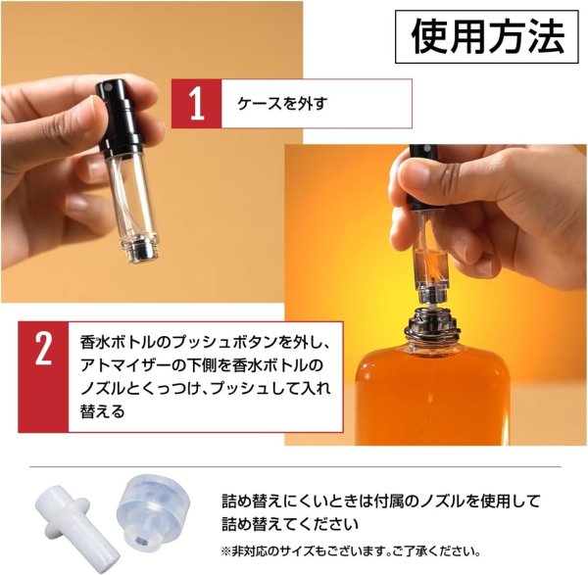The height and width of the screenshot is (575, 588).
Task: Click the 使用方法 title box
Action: (x=487, y=37)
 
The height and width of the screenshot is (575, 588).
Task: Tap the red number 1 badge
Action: (x=194, y=103)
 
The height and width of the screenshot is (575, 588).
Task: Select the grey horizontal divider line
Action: (x=294, y=466)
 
